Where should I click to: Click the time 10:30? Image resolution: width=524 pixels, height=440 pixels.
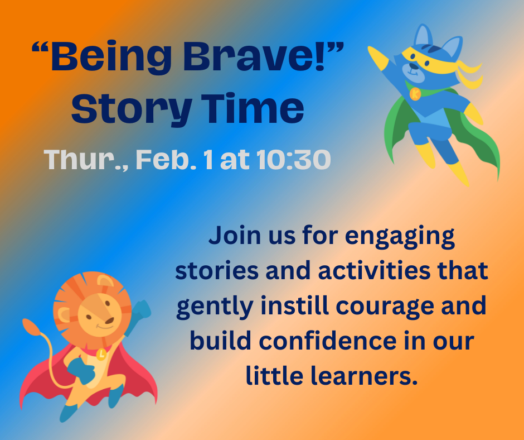click(x=294, y=160)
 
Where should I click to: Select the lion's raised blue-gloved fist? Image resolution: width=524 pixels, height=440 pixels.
click(x=142, y=309)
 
